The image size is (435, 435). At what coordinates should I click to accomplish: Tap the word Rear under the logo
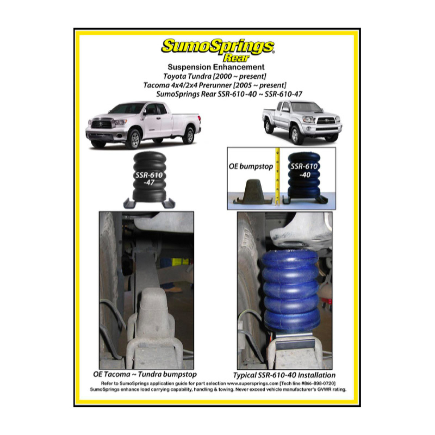[x=236, y=58]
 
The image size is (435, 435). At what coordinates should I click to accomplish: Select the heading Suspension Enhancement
[x=216, y=67]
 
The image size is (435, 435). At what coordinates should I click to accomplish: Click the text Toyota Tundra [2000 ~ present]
[x=215, y=76]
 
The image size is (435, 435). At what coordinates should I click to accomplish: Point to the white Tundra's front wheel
[x=134, y=138]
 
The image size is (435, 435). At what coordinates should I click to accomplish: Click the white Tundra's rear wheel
[x=189, y=136]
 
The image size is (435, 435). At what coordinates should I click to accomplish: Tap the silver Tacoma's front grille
[x=326, y=121]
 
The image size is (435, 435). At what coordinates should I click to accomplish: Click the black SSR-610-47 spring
[x=149, y=177]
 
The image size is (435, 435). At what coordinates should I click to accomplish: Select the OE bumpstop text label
[x=251, y=167]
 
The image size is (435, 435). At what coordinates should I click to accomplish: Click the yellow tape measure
[x=278, y=177]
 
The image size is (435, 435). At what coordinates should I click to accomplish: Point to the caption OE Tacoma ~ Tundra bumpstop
[x=145, y=374]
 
